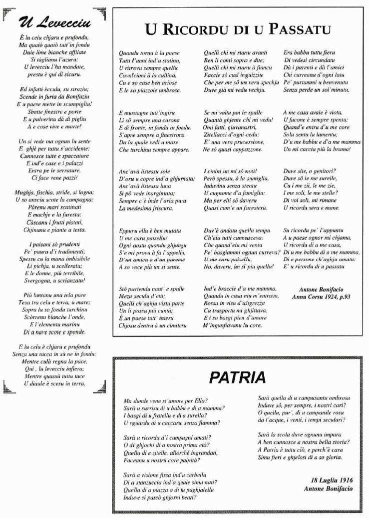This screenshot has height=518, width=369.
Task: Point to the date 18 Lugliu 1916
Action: [329, 480]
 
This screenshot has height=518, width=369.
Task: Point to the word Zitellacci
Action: [218, 134]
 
